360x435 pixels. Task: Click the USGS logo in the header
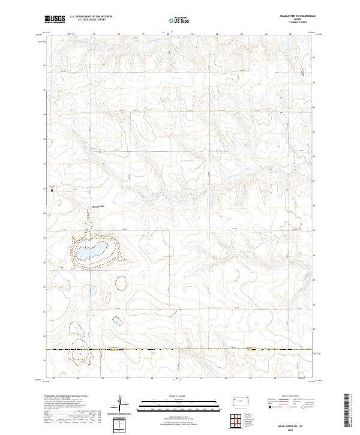[x=55, y=20]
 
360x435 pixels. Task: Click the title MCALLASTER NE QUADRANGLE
[x=292, y=16]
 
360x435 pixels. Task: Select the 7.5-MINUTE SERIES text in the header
[x=292, y=23]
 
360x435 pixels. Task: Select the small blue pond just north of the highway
[x=117, y=321]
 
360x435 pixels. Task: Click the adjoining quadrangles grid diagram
[x=241, y=421]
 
